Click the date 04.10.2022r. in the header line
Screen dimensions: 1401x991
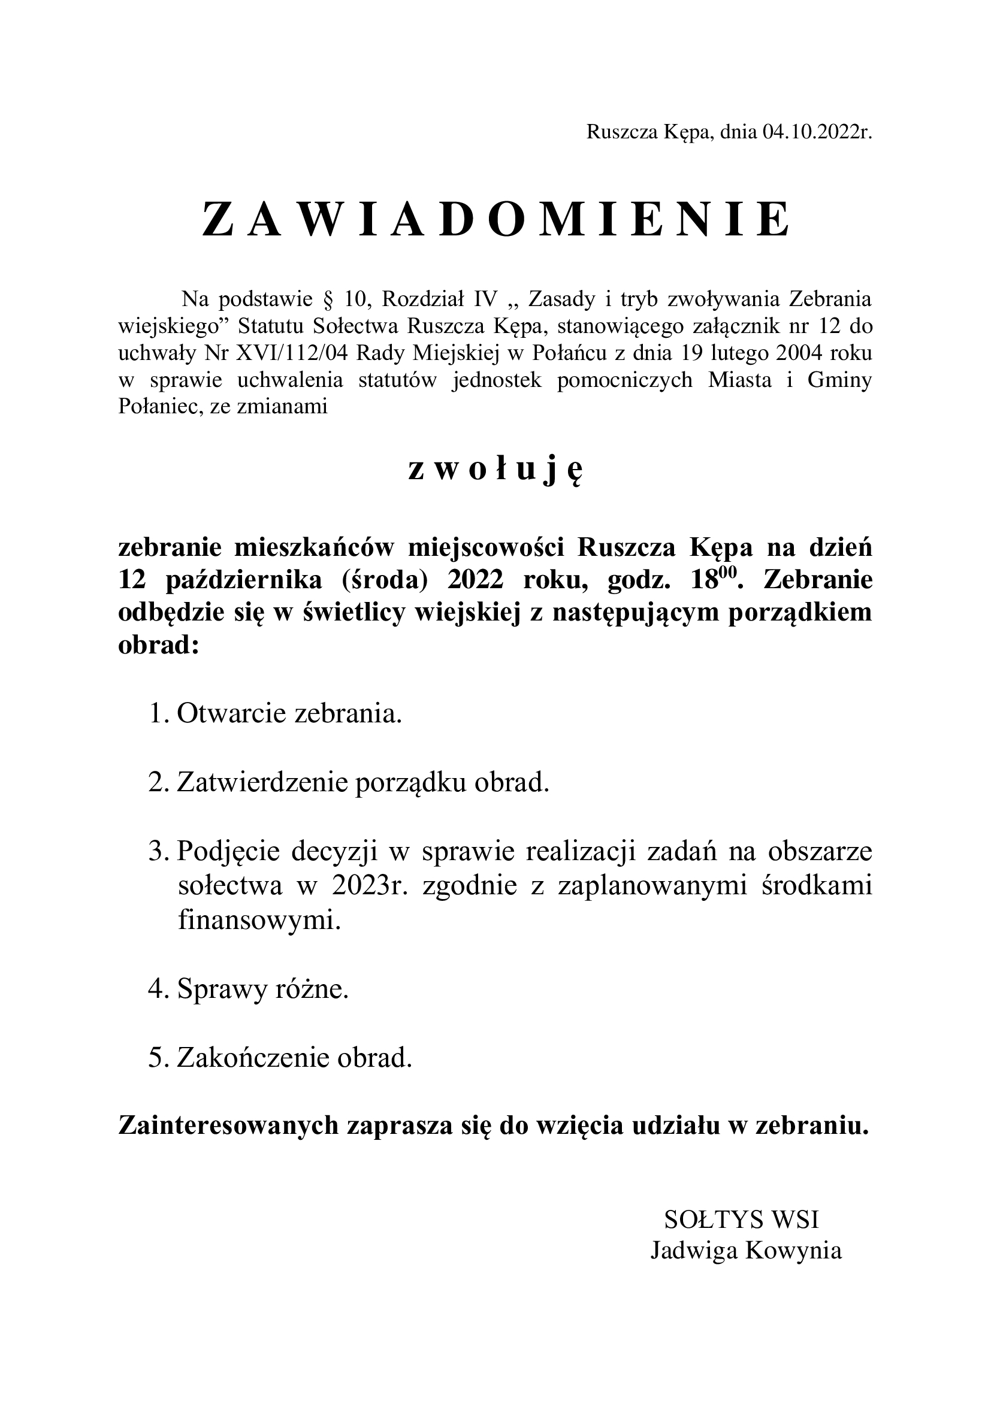coord(817,132)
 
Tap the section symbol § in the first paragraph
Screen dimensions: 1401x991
coord(325,299)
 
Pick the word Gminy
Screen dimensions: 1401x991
coord(839,380)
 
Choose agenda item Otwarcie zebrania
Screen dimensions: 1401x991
coord(289,713)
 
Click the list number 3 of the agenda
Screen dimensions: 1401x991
coord(155,852)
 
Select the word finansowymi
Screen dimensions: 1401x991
coord(259,920)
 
